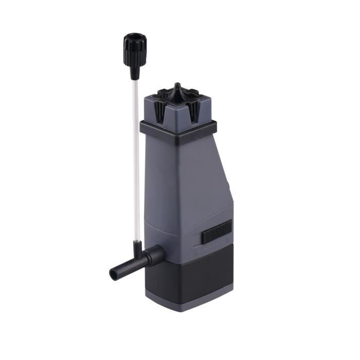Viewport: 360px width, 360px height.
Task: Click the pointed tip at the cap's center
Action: [177, 85]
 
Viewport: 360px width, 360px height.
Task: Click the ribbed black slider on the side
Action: [217, 234]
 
